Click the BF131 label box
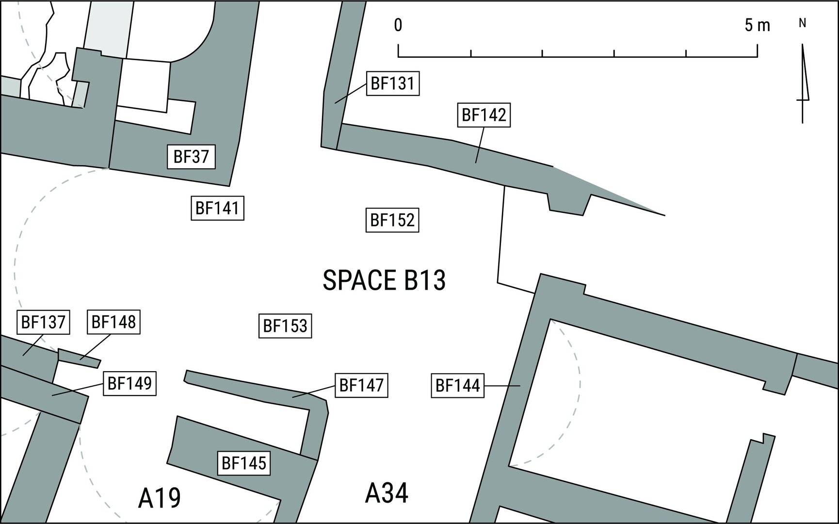[392, 83]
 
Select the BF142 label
[484, 115]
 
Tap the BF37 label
[191, 157]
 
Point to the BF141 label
[217, 208]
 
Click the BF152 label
[392, 220]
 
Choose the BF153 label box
[285, 325]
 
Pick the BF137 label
[43, 322]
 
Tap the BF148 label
[113, 321]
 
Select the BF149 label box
[129, 383]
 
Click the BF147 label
[361, 385]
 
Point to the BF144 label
[458, 386]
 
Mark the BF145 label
[244, 463]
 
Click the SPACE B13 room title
[384, 280]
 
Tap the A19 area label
[160, 498]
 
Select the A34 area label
[387, 493]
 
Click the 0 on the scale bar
[398, 25]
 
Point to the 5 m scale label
[758, 25]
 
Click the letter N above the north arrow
[803, 23]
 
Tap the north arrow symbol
[803, 83]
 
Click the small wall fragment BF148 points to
[79, 358]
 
